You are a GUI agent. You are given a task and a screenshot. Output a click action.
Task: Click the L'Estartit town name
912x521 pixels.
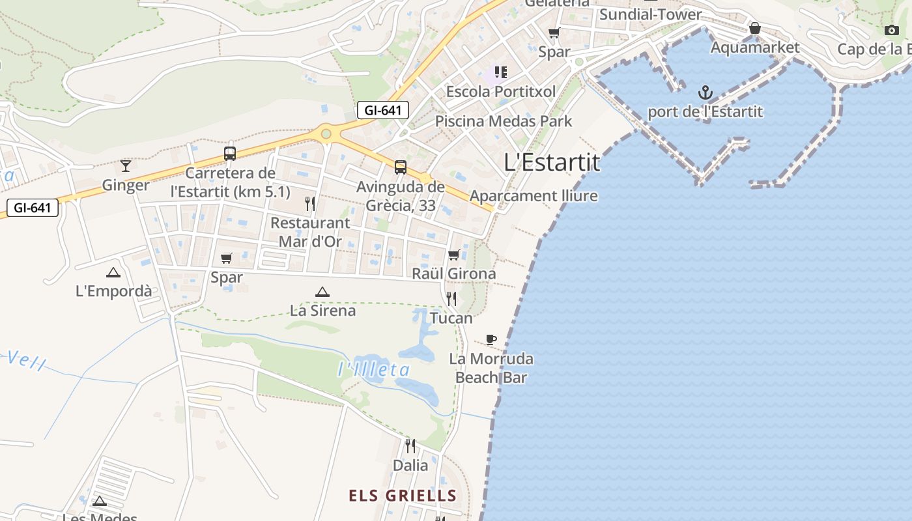[552, 162]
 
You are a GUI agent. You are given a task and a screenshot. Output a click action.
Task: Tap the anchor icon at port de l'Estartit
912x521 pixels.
[705, 92]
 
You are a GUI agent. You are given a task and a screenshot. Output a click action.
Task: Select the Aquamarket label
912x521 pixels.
[754, 48]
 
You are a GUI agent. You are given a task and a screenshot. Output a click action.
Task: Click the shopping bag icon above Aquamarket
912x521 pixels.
[754, 28]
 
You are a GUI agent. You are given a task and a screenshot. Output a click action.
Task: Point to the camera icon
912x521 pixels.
[892, 30]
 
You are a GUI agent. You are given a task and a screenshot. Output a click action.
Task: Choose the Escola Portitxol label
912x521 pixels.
[500, 92]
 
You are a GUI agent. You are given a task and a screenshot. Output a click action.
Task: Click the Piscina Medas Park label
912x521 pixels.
[504, 121]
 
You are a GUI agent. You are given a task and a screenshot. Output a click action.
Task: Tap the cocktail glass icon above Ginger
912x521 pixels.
[126, 165]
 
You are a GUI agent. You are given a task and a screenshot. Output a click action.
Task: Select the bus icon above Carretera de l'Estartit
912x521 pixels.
[230, 154]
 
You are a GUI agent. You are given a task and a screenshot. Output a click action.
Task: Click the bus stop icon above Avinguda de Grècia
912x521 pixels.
[401, 167]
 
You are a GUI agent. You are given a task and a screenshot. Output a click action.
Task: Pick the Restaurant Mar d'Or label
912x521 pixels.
[310, 232]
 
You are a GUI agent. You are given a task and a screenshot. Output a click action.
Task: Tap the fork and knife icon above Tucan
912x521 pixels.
[451, 299]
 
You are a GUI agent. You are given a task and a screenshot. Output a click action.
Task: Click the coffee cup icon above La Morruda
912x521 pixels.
[491, 339]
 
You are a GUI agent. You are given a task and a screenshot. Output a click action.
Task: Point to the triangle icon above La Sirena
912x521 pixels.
[322, 292]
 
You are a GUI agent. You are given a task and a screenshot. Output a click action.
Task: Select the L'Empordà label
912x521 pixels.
[114, 291]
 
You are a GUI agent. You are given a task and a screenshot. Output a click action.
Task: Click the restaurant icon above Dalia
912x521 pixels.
[410, 446]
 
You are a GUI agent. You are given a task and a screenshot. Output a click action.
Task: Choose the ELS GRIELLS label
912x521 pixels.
[403, 496]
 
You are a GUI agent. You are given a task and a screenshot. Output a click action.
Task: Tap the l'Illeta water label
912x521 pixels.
[374, 370]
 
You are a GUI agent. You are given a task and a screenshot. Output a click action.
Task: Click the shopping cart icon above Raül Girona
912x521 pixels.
[454, 255]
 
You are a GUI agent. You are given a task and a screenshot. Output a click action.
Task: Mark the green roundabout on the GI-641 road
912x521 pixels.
[326, 134]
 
